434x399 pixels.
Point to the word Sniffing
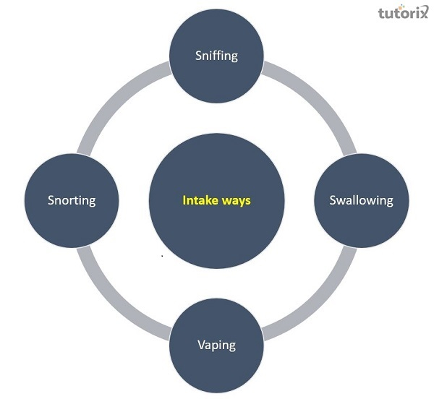(x=216, y=56)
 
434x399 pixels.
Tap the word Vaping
(x=216, y=345)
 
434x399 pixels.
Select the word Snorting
(x=72, y=200)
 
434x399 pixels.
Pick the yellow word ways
(x=237, y=201)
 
